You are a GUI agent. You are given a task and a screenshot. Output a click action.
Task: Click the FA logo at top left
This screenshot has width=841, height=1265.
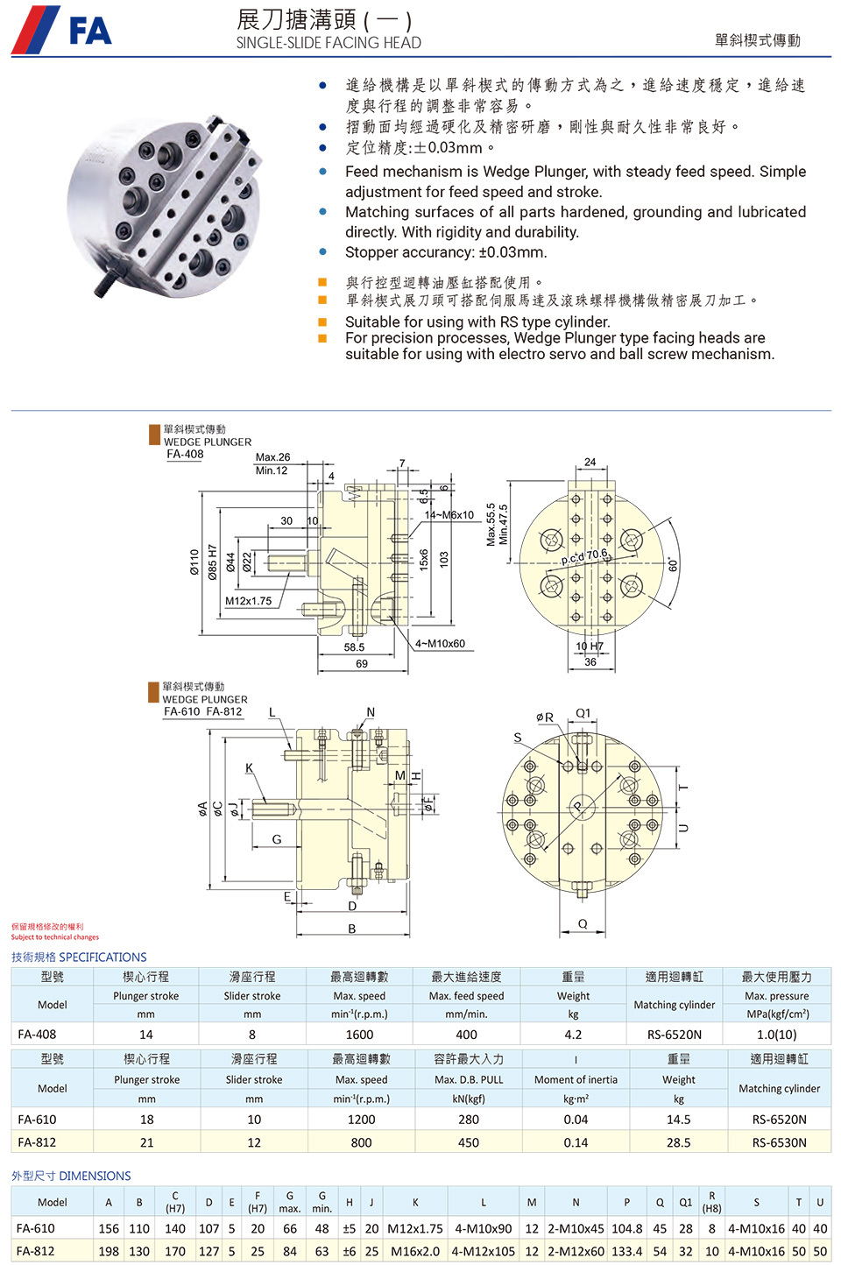click(x=61, y=30)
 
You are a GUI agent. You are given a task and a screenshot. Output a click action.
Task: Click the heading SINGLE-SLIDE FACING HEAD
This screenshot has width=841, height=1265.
click(x=329, y=43)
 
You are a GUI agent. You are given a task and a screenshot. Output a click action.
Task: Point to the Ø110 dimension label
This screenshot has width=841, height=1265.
click(x=194, y=562)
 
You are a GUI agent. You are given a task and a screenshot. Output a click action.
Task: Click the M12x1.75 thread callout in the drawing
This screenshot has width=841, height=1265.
click(x=248, y=601)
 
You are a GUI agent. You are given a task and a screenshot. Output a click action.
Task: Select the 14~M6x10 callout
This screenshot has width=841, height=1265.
click(x=449, y=515)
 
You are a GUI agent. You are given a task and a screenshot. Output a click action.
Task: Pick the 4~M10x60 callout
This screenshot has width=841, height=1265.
click(x=440, y=644)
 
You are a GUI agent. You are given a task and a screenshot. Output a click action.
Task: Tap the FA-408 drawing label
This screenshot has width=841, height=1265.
click(x=185, y=454)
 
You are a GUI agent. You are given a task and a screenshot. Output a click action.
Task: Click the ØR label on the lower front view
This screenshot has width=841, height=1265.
click(x=545, y=717)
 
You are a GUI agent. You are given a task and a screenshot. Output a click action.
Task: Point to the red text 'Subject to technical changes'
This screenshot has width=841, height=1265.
click(x=55, y=937)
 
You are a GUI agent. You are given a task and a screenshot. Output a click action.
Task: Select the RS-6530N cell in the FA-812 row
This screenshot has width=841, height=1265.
click(x=779, y=1142)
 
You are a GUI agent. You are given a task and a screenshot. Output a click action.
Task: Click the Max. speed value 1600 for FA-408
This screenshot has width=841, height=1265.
click(x=359, y=1035)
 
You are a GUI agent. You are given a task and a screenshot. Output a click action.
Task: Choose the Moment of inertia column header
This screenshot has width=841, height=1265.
click(x=576, y=1080)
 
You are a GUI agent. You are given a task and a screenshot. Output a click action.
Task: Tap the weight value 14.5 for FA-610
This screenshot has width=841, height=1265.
click(x=678, y=1120)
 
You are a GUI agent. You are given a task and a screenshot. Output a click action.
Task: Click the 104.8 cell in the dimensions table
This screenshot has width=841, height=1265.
click(x=626, y=1228)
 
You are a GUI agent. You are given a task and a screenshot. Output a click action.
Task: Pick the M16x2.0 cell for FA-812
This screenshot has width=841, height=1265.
click(x=415, y=1251)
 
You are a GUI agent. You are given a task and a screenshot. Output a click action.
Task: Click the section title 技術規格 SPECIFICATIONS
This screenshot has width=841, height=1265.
click(x=79, y=957)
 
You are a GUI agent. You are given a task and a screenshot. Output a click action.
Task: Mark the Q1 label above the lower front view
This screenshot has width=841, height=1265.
click(x=583, y=713)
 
